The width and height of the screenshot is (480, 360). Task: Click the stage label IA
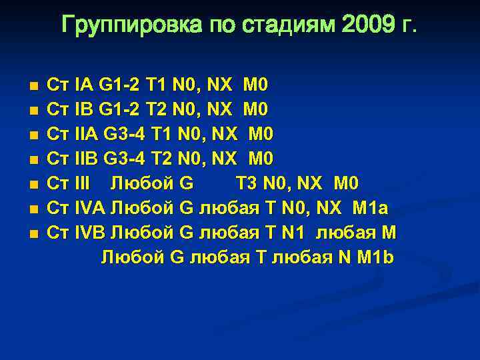click(85, 85)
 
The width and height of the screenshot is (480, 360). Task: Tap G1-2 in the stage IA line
click(119, 85)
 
